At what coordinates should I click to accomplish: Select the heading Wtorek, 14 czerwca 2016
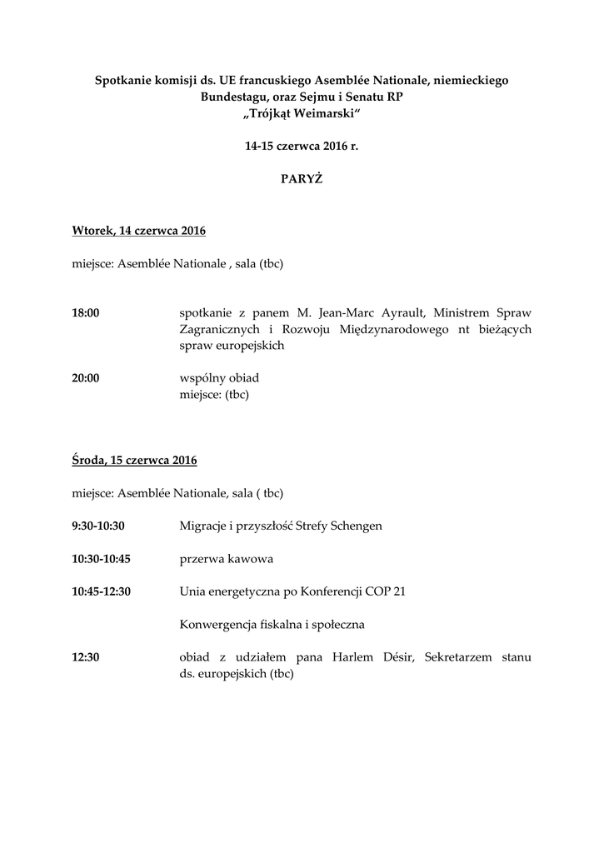(139, 230)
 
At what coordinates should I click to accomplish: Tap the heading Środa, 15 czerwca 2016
(134, 459)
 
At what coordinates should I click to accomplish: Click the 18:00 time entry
(86, 312)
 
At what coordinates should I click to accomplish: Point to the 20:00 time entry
(86, 377)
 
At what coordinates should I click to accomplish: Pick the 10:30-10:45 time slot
(107, 558)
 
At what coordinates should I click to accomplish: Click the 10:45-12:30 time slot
(107, 591)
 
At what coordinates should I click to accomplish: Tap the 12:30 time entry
(86, 656)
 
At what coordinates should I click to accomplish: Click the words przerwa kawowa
(227, 558)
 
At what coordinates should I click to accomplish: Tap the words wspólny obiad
(219, 377)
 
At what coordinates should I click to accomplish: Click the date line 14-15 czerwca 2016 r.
(302, 146)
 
